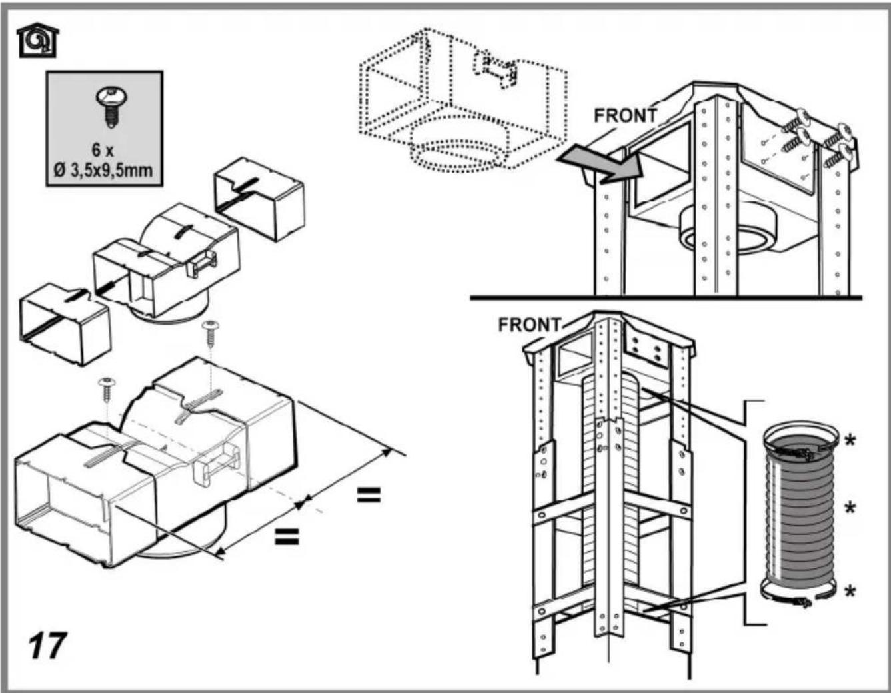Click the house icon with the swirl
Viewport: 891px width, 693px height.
click(x=37, y=40)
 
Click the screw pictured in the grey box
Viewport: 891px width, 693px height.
click(x=111, y=106)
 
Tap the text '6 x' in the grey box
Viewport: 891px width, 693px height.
click(x=103, y=150)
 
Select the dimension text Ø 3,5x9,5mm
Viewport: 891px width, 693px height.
click(x=103, y=170)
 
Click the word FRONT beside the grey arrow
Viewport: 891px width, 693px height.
click(x=626, y=115)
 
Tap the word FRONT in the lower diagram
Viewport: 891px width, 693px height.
click(x=529, y=325)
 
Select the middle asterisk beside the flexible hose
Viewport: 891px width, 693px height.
click(x=850, y=508)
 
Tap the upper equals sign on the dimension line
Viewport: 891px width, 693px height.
click(x=369, y=494)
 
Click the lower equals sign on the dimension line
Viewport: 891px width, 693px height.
click(x=287, y=536)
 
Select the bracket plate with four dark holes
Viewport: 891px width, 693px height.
click(x=646, y=348)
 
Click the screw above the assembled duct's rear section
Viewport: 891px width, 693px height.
click(x=210, y=333)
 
